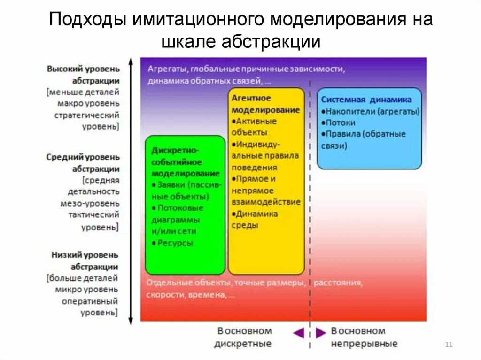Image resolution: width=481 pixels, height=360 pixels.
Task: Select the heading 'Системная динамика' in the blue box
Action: (366, 100)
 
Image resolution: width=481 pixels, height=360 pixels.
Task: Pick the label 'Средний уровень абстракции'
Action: (84, 163)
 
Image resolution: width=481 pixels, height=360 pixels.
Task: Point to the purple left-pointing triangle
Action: (298, 333)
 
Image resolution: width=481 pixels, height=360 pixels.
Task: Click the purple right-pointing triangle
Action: (321, 333)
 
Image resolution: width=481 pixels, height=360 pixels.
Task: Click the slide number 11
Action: (448, 345)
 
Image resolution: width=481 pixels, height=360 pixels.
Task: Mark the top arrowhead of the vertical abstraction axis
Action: (131, 61)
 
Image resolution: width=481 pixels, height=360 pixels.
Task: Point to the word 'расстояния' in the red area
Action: (338, 283)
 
